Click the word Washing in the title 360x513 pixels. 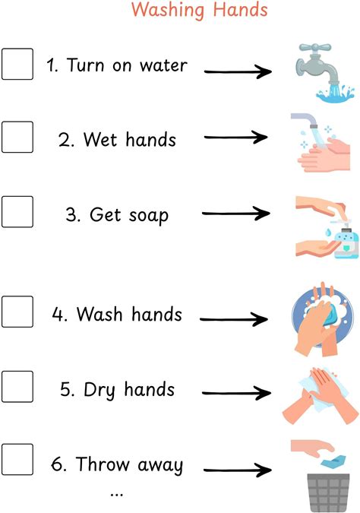point(168,10)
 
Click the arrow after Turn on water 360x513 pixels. point(238,71)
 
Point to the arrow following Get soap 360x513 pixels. point(236,214)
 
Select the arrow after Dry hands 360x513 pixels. point(236,393)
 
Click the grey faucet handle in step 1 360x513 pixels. point(315,48)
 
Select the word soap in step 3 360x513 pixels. point(148,216)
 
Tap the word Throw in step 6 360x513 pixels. point(103,464)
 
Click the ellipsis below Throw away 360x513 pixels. point(117,494)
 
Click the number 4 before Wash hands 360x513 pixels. point(58,314)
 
